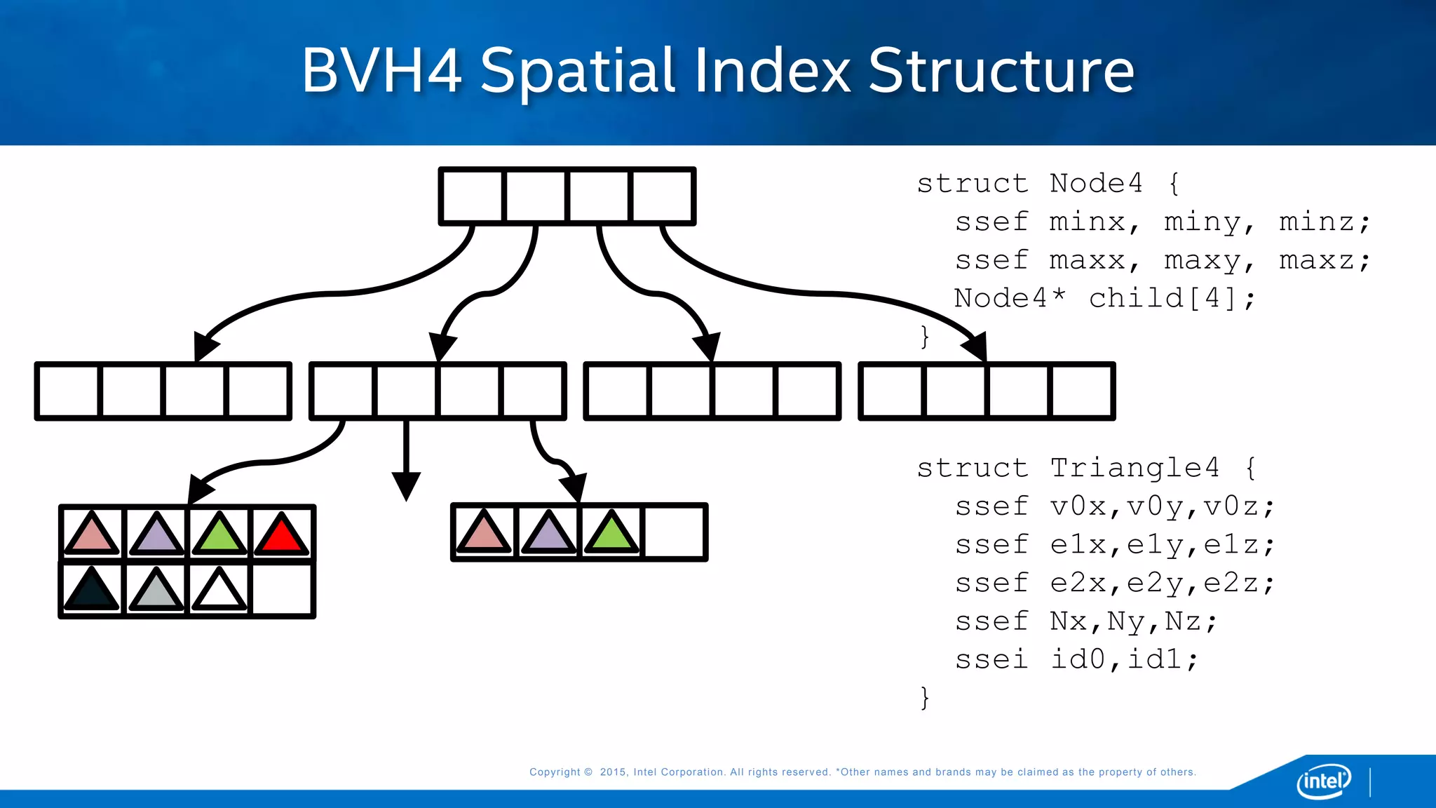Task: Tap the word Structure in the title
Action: click(x=1001, y=70)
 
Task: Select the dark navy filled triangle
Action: click(x=91, y=591)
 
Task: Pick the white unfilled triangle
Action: click(x=219, y=591)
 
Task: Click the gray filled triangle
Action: click(x=156, y=591)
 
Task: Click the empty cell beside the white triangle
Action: click(x=282, y=590)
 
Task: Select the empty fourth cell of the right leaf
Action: click(x=674, y=532)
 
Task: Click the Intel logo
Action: click(x=1324, y=781)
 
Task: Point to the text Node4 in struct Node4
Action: click(x=1096, y=184)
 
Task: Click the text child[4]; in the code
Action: click(x=1172, y=299)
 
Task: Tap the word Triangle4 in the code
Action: click(x=1134, y=468)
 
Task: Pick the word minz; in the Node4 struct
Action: click(x=1324, y=222)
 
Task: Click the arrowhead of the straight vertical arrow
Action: click(x=406, y=485)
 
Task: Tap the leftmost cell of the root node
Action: click(x=472, y=196)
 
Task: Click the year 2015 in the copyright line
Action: click(x=613, y=772)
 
